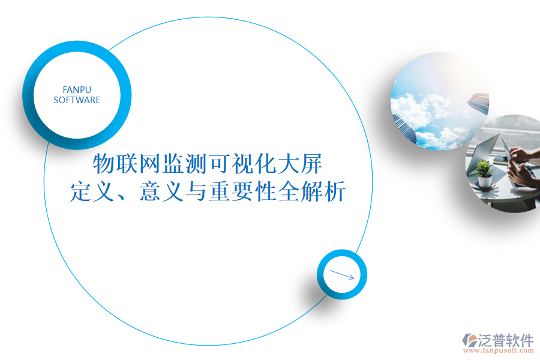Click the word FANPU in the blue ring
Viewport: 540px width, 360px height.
77,89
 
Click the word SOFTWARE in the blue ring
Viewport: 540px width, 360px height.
77,100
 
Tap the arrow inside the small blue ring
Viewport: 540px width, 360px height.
342,275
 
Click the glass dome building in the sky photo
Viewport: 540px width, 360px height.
405,127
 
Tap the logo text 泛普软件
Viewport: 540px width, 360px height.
506,340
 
